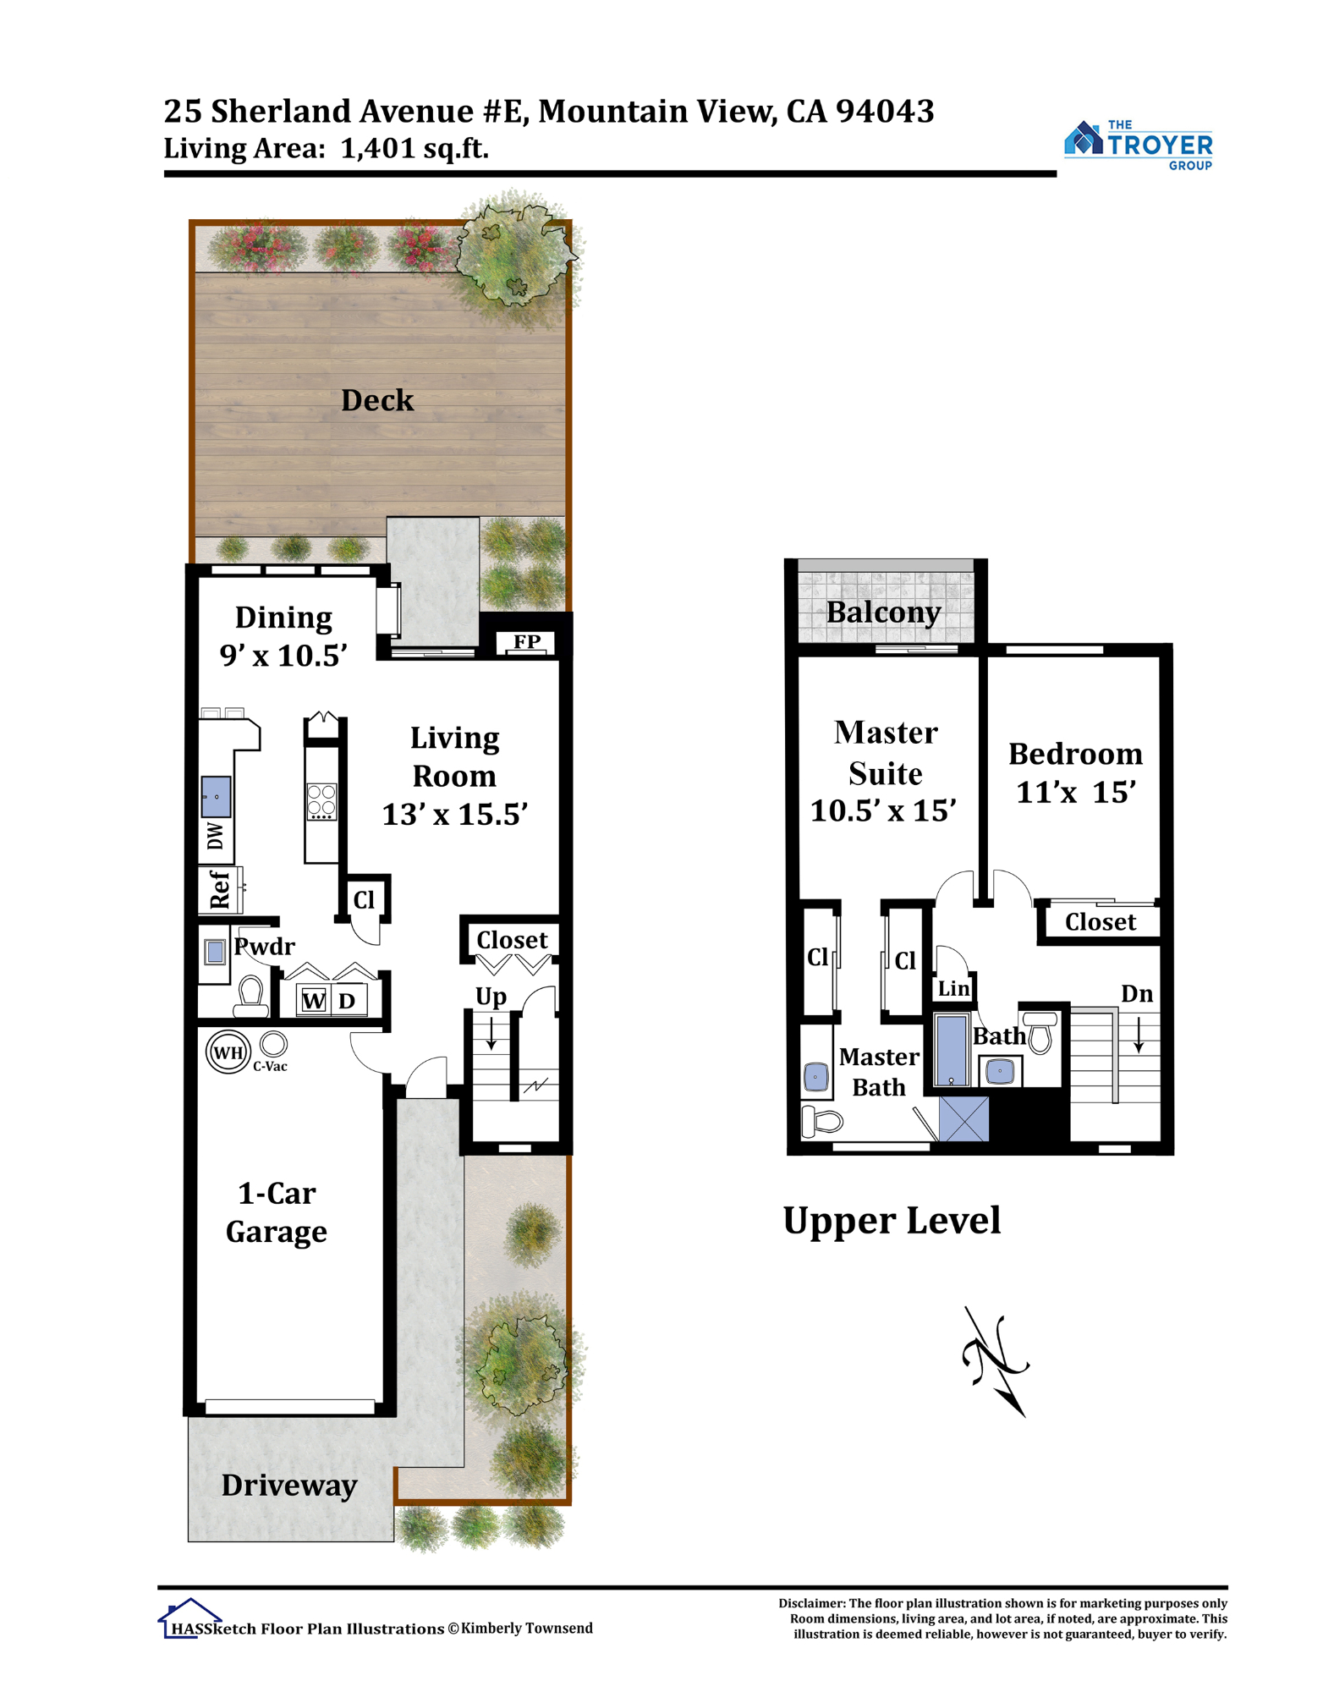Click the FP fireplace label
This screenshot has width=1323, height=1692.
[x=527, y=641]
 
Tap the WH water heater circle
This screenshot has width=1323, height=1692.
[x=228, y=1052]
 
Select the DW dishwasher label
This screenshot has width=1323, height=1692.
[x=216, y=836]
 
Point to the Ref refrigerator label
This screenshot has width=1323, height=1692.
[x=219, y=889]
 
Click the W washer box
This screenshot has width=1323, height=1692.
[x=314, y=1001]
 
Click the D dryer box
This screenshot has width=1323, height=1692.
[x=348, y=1001]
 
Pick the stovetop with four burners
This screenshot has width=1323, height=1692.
[x=321, y=802]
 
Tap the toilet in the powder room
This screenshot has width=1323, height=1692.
[x=251, y=996]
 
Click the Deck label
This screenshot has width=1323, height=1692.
[x=377, y=400]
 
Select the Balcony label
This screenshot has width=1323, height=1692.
[x=883, y=612]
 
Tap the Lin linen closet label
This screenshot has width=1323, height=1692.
[x=953, y=988]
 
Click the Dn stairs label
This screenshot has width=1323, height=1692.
[x=1137, y=993]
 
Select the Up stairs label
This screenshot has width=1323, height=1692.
[x=491, y=997]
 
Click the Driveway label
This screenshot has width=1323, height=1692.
[x=289, y=1486]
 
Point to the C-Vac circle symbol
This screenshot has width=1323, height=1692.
[x=273, y=1044]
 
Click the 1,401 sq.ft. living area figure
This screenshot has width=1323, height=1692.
[x=414, y=149]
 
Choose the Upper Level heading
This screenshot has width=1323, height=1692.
[x=892, y=1222]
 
